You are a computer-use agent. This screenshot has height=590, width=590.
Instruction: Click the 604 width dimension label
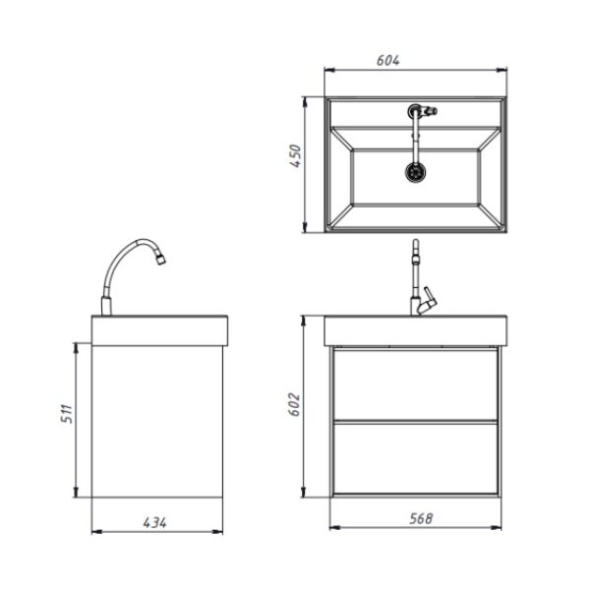[388, 60]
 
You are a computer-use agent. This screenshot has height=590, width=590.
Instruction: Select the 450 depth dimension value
[295, 155]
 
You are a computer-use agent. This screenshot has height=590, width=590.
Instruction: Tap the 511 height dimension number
[67, 414]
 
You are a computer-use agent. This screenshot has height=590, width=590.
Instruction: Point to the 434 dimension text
[154, 522]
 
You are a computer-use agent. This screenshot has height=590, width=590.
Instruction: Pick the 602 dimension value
[294, 404]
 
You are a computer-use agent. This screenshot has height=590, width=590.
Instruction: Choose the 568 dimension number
[421, 518]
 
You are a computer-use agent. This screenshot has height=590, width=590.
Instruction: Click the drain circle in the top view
[416, 172]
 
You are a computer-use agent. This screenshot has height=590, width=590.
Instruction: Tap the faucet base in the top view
[415, 111]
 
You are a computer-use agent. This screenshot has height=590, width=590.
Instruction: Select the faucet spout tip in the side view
[161, 260]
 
